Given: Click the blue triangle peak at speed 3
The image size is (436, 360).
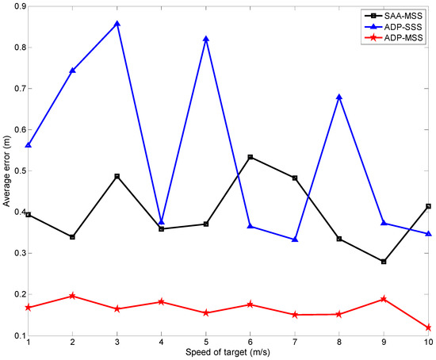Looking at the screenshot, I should coord(117,24).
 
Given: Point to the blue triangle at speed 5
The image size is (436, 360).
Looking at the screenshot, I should coord(206,39).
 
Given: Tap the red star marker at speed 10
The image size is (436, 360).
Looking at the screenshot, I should coord(428,327).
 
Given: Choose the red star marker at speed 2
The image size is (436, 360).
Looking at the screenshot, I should coord(73,296).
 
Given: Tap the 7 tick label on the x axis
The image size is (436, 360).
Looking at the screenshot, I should coord(295,343).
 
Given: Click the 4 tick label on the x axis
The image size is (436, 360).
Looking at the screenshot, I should coord(162,343).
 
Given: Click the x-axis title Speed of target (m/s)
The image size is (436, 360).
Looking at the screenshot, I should coord(228,353).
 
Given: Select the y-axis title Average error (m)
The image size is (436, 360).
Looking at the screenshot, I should coord(6,170).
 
